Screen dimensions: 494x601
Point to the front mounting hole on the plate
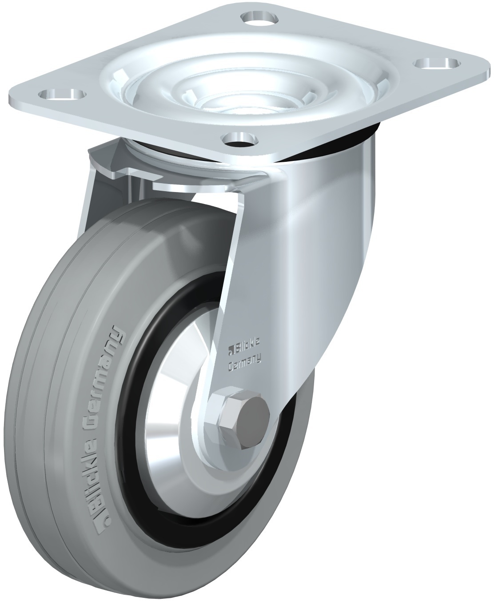[x=241, y=139]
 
